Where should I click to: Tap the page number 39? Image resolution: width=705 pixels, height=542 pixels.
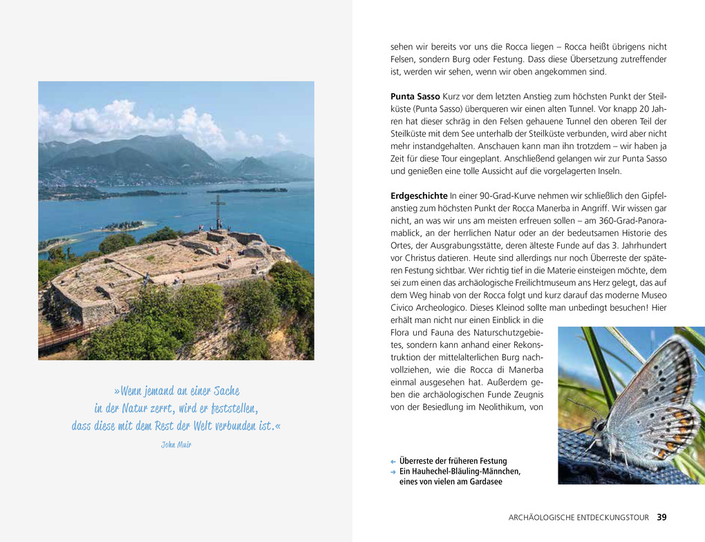[662, 517]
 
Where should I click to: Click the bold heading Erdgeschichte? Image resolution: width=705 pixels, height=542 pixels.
[418, 195]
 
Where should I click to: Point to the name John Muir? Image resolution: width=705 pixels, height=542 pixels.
[176, 445]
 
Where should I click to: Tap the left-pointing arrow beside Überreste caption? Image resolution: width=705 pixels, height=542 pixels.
[393, 461]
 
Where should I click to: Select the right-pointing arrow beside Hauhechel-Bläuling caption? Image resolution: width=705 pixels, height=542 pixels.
[393, 472]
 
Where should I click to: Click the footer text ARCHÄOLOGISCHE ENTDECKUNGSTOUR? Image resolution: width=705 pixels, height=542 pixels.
[579, 518]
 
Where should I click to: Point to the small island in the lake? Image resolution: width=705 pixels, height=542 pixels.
[124, 226]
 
